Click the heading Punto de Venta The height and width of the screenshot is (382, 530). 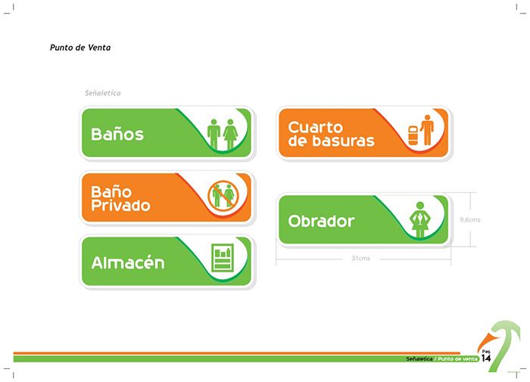tap(80, 48)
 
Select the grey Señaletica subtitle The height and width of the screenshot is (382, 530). tap(102, 93)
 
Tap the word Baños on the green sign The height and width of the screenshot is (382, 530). tap(117, 134)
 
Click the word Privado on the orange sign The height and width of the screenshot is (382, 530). tap(120, 205)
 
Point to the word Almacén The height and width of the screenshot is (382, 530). tap(128, 262)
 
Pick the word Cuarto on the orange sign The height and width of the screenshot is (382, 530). tap(316, 128)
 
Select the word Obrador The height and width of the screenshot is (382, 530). tap(321, 221)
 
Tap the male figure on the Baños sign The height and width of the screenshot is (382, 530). tap(214, 134)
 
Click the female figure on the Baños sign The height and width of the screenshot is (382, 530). tap(230, 134)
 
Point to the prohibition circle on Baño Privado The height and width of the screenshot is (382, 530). tap(223, 196)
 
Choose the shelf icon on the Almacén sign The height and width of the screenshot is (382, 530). tap(223, 258)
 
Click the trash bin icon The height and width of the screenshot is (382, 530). tap(413, 135)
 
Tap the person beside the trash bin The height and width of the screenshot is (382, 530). tap(427, 130)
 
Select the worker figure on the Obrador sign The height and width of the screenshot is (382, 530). tap(419, 219)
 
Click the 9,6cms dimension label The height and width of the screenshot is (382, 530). tap(470, 219)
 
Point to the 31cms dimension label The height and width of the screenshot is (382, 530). tap(360, 259)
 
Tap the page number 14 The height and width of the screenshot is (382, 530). tap(486, 358)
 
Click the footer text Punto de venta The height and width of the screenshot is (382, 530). tap(457, 359)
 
